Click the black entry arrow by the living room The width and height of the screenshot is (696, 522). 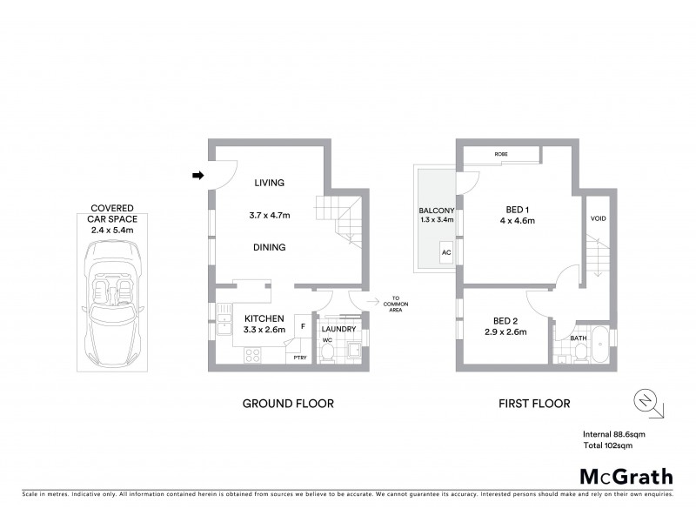pyautogui.click(x=197, y=177)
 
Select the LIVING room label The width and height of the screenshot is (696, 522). pyautogui.click(x=270, y=183)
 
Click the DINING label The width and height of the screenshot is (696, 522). pyautogui.click(x=270, y=247)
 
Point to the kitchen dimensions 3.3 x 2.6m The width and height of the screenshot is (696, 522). pyautogui.click(x=270, y=331)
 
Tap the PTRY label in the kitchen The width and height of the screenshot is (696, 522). pyautogui.click(x=299, y=358)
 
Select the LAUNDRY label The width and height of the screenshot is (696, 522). pyautogui.click(x=338, y=329)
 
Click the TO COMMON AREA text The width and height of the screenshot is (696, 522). pyautogui.click(x=399, y=302)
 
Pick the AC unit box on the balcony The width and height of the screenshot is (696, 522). pyautogui.click(x=445, y=253)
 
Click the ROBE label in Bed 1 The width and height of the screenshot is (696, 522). pyautogui.click(x=501, y=154)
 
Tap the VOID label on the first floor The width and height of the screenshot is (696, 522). pyautogui.click(x=598, y=218)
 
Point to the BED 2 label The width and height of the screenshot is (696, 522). pyautogui.click(x=505, y=318)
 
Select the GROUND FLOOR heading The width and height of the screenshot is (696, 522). pyautogui.click(x=287, y=404)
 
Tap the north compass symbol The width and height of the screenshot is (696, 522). pyautogui.click(x=645, y=401)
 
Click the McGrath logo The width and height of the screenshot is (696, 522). pyautogui.click(x=626, y=476)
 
